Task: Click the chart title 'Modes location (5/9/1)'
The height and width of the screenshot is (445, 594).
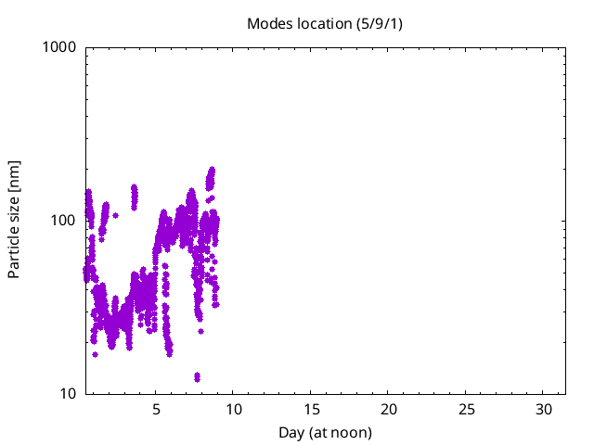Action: [x=324, y=23]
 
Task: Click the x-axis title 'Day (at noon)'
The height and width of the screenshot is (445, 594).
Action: [x=325, y=432]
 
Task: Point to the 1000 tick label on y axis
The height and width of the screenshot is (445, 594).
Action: [x=60, y=47]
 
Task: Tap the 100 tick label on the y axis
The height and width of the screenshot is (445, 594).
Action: [x=64, y=221]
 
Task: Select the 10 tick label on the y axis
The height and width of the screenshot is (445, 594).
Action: [x=68, y=394]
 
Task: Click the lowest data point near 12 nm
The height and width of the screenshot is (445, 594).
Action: [x=197, y=376]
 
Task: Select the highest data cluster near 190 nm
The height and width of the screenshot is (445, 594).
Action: [x=211, y=176]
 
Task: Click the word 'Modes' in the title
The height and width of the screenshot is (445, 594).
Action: [x=268, y=23]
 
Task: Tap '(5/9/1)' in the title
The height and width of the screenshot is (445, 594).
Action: [x=380, y=23]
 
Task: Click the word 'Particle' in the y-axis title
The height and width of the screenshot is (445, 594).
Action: [x=15, y=249]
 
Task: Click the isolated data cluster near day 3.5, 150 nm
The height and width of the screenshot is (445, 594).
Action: [x=134, y=195]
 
